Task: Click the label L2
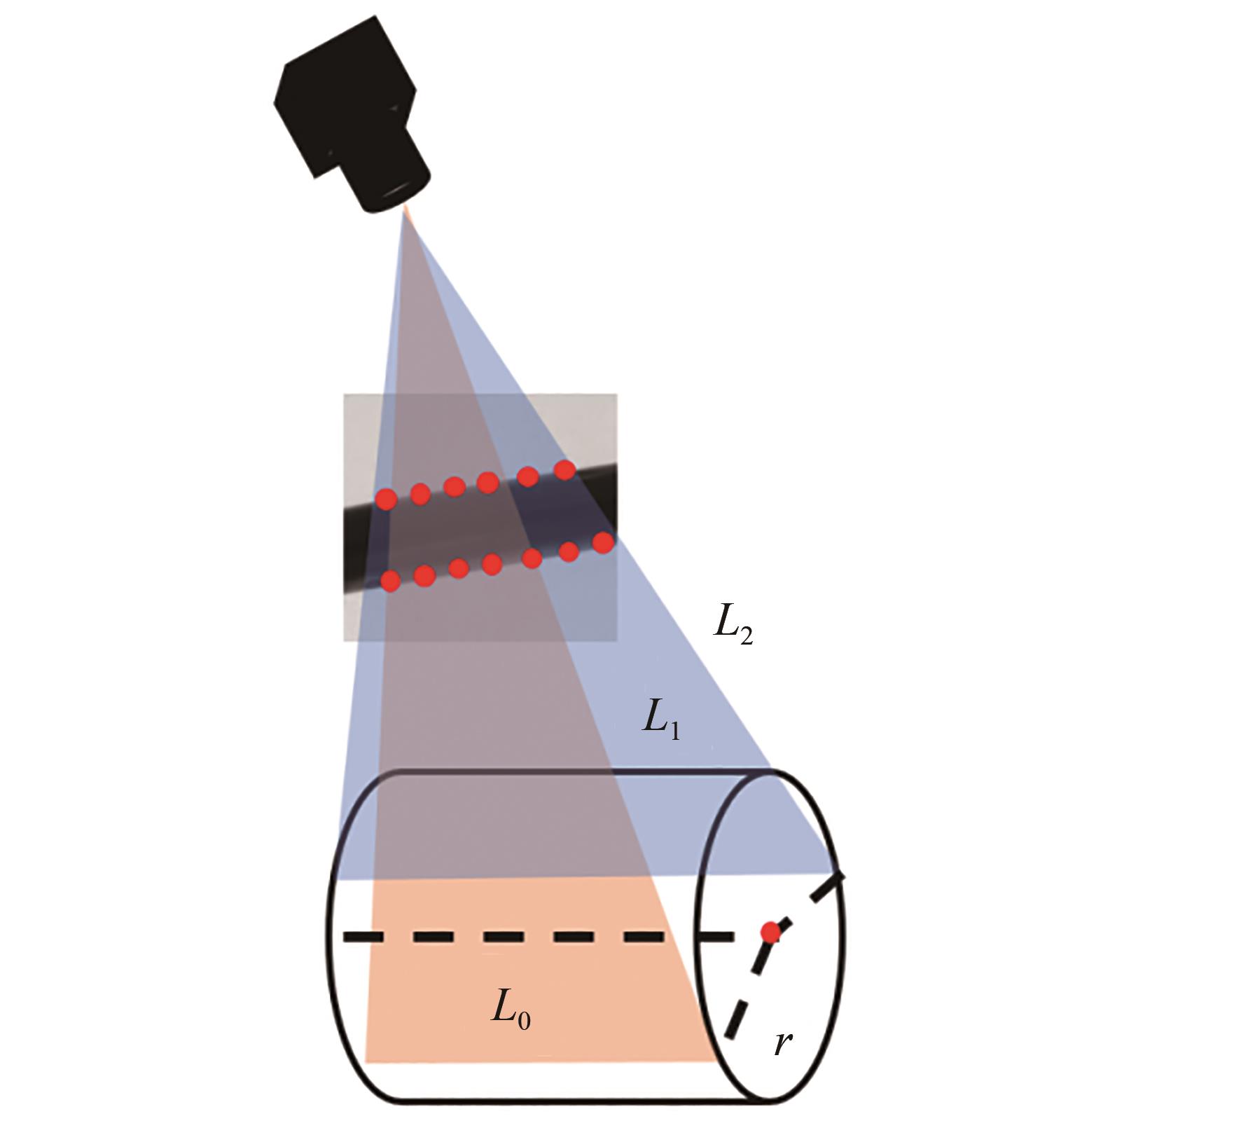click(733, 626)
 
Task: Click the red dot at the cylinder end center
click(770, 933)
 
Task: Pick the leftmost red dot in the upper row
click(386, 499)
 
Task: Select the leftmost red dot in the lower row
click(390, 580)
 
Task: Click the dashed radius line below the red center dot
click(742, 1009)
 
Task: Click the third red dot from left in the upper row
click(455, 486)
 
